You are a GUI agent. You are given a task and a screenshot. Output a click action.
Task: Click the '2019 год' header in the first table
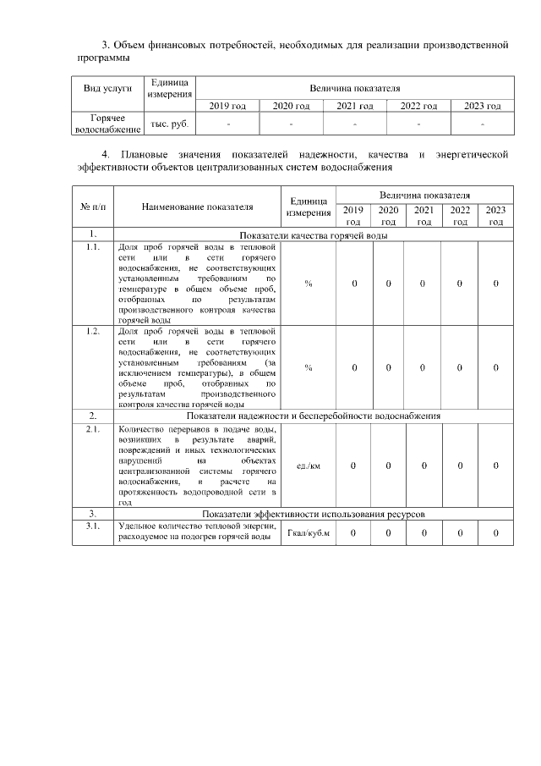pyautogui.click(x=227, y=106)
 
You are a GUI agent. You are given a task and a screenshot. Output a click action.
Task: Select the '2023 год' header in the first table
pyautogui.click(x=483, y=106)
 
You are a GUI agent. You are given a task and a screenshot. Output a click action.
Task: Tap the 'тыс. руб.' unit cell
pyautogui.click(x=169, y=124)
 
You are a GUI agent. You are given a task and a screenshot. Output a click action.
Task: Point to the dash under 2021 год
pyautogui.click(x=354, y=124)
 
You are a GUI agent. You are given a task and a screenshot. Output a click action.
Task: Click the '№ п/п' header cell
pyautogui.click(x=92, y=207)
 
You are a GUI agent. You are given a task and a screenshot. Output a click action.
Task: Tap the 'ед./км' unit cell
pyautogui.click(x=309, y=466)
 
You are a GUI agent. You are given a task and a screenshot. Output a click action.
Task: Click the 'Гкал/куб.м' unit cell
pyautogui.click(x=309, y=532)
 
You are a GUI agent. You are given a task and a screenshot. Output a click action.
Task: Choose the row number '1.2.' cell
pyautogui.click(x=92, y=331)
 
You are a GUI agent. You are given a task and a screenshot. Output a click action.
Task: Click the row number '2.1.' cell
pyautogui.click(x=92, y=429)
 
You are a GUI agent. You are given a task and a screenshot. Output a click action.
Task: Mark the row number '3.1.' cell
pyautogui.click(x=92, y=526)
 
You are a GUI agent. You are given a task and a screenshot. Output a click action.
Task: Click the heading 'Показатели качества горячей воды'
pyautogui.click(x=314, y=234)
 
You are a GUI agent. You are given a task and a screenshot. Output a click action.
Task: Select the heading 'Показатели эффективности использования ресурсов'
pyautogui.click(x=314, y=514)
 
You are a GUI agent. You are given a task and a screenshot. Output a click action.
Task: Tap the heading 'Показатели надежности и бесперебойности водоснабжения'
pyautogui.click(x=314, y=416)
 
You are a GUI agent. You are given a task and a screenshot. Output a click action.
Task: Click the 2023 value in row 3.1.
pyautogui.click(x=495, y=532)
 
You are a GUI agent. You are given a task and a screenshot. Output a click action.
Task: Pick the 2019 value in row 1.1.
pyautogui.click(x=354, y=283)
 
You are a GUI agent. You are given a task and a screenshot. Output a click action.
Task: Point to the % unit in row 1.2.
pyautogui.click(x=309, y=367)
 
